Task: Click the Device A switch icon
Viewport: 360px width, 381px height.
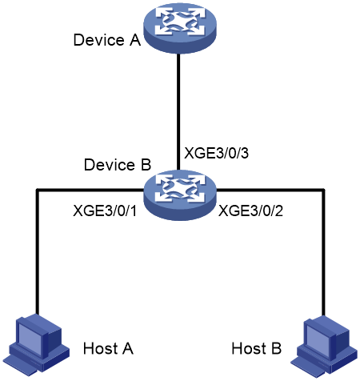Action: (x=180, y=27)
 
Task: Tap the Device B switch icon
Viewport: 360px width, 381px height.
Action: (x=180, y=195)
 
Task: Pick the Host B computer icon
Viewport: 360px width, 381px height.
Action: (x=324, y=346)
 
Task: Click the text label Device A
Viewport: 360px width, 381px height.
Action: (x=107, y=40)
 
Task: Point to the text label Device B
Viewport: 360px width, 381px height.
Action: (x=118, y=165)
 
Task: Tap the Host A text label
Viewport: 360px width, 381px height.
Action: (x=108, y=348)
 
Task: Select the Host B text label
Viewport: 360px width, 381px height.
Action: (x=257, y=348)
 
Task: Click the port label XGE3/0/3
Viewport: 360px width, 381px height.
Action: (x=216, y=153)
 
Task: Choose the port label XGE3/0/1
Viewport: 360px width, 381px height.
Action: (x=105, y=211)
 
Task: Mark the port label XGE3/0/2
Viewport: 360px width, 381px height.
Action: (x=250, y=211)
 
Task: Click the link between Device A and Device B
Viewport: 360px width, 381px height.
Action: (x=178, y=111)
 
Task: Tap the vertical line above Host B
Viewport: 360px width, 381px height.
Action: (x=323, y=253)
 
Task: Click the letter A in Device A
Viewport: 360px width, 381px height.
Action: (x=135, y=40)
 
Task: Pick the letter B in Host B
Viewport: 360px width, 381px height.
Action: (x=277, y=348)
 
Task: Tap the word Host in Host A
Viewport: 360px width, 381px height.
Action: (x=101, y=348)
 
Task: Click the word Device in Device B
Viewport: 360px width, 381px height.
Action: (x=110, y=165)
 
